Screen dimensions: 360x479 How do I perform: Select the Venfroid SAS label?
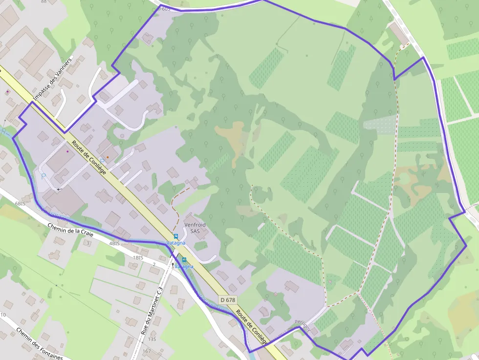[195, 228]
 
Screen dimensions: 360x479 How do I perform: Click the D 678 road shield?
[228, 300]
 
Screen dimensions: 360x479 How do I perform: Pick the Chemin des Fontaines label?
[39, 343]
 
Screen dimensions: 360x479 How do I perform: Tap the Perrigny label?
[303, 326]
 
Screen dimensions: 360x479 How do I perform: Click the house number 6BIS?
[20, 203]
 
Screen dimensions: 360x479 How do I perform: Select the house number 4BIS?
[114, 243]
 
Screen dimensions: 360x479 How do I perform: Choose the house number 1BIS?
[138, 257]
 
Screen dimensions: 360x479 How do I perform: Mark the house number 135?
[152, 339]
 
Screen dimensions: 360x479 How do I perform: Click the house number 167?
[147, 351]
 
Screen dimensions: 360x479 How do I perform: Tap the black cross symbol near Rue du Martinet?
[173, 265]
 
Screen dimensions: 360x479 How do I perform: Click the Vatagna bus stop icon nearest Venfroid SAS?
[176, 236]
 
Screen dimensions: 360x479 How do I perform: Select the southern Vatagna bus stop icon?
[184, 260]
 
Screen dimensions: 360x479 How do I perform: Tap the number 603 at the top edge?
[166, 8]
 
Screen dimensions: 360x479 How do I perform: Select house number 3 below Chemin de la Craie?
[88, 243]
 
